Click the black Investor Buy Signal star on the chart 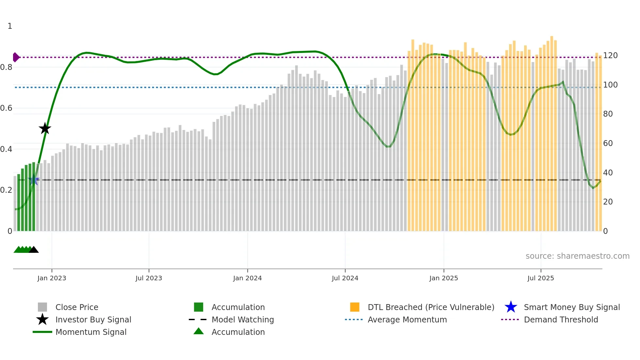coord(45,129)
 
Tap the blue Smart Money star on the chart coord(33,180)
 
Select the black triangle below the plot coord(34,250)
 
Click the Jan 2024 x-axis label coord(247,278)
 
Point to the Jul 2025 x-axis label coord(540,278)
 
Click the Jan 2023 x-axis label coord(52,278)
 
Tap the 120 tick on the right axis coord(610,56)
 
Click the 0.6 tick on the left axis coord(7,108)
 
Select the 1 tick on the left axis coord(10,26)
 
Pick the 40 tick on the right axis coord(608,172)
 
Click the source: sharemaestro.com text coord(577,256)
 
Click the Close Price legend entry coord(77,307)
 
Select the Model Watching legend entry coord(242,319)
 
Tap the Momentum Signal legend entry coord(91,332)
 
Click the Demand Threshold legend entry coord(561,319)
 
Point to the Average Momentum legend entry coord(407,319)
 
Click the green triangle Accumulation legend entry coord(238,332)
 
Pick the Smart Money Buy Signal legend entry coord(571,307)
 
